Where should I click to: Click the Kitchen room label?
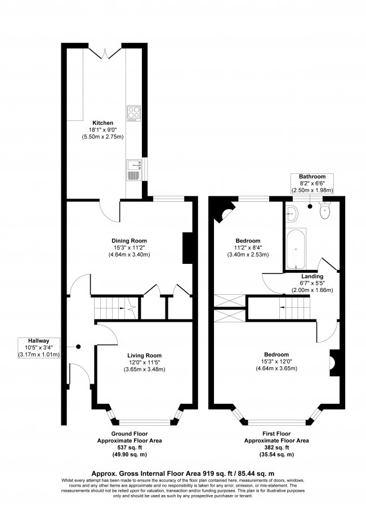[103, 123]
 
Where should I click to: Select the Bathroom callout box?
[312, 183]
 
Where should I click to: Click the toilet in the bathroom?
[325, 212]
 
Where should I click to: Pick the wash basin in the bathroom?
[291, 212]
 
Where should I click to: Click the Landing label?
[312, 276]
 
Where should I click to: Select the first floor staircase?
[296, 308]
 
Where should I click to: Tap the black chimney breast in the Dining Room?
[187, 248]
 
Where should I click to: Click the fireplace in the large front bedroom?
[333, 362]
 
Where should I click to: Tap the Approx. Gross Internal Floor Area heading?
[182, 473]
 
